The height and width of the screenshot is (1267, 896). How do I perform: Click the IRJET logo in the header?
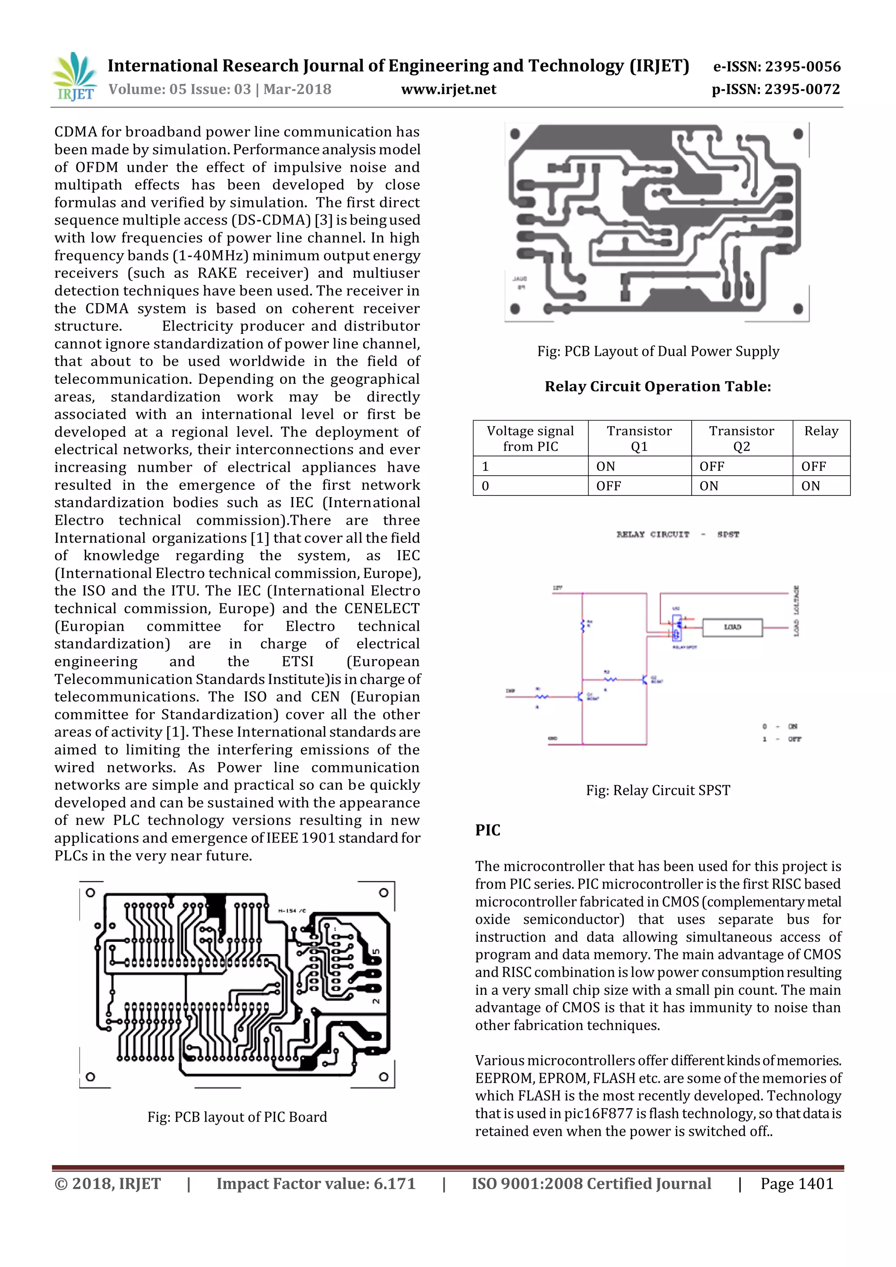(x=74, y=77)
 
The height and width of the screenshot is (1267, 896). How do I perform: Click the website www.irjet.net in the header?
(x=448, y=89)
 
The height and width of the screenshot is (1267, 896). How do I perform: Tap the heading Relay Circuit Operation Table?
(x=658, y=386)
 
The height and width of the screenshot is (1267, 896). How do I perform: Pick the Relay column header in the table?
(x=821, y=431)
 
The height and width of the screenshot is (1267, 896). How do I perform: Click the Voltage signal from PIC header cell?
(x=530, y=438)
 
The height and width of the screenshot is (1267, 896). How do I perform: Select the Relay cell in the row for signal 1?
(x=814, y=466)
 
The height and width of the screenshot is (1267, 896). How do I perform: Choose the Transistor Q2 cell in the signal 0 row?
(x=709, y=486)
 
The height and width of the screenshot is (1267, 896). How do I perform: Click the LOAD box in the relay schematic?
(x=732, y=628)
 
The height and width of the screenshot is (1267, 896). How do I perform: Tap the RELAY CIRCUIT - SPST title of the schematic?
(x=678, y=534)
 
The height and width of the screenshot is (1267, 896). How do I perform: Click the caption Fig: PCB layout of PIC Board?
(x=237, y=1117)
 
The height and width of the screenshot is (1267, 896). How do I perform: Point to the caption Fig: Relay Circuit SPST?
(x=658, y=790)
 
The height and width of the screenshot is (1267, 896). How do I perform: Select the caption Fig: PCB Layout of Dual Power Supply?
(x=658, y=351)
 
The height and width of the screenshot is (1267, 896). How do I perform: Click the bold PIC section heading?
(x=488, y=830)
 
